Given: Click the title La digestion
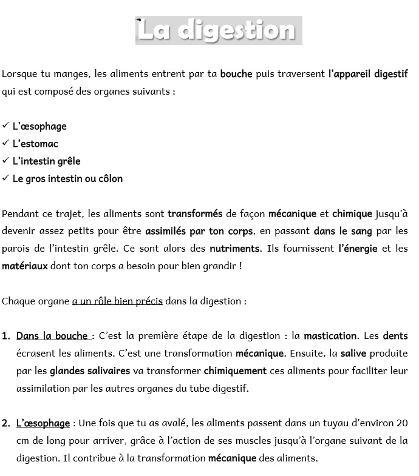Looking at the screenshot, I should tap(218, 30).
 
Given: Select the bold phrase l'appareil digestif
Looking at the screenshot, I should tap(367, 75).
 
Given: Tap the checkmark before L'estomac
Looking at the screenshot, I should tap(5, 144).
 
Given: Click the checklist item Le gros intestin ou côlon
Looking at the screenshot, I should tap(67, 179).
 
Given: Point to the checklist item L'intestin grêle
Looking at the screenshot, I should tap(46, 161).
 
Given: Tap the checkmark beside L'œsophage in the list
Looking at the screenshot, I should tap(5, 126).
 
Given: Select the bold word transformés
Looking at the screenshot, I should tap(195, 213).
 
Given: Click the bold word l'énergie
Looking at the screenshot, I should tap(358, 249).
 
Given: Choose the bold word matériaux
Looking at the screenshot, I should tap(25, 266).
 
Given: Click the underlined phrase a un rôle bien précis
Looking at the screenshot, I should tap(117, 301).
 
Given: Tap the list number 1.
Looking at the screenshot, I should tap(5, 336).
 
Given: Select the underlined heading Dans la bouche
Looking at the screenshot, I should tap(53, 336).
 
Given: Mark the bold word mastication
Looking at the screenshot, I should tap(330, 336).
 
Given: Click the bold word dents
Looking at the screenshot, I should tap(395, 336).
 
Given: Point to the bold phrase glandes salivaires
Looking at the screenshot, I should tap(90, 370).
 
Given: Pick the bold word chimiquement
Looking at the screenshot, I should tap(235, 370).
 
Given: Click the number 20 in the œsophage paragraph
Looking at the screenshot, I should tap(401, 423).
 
